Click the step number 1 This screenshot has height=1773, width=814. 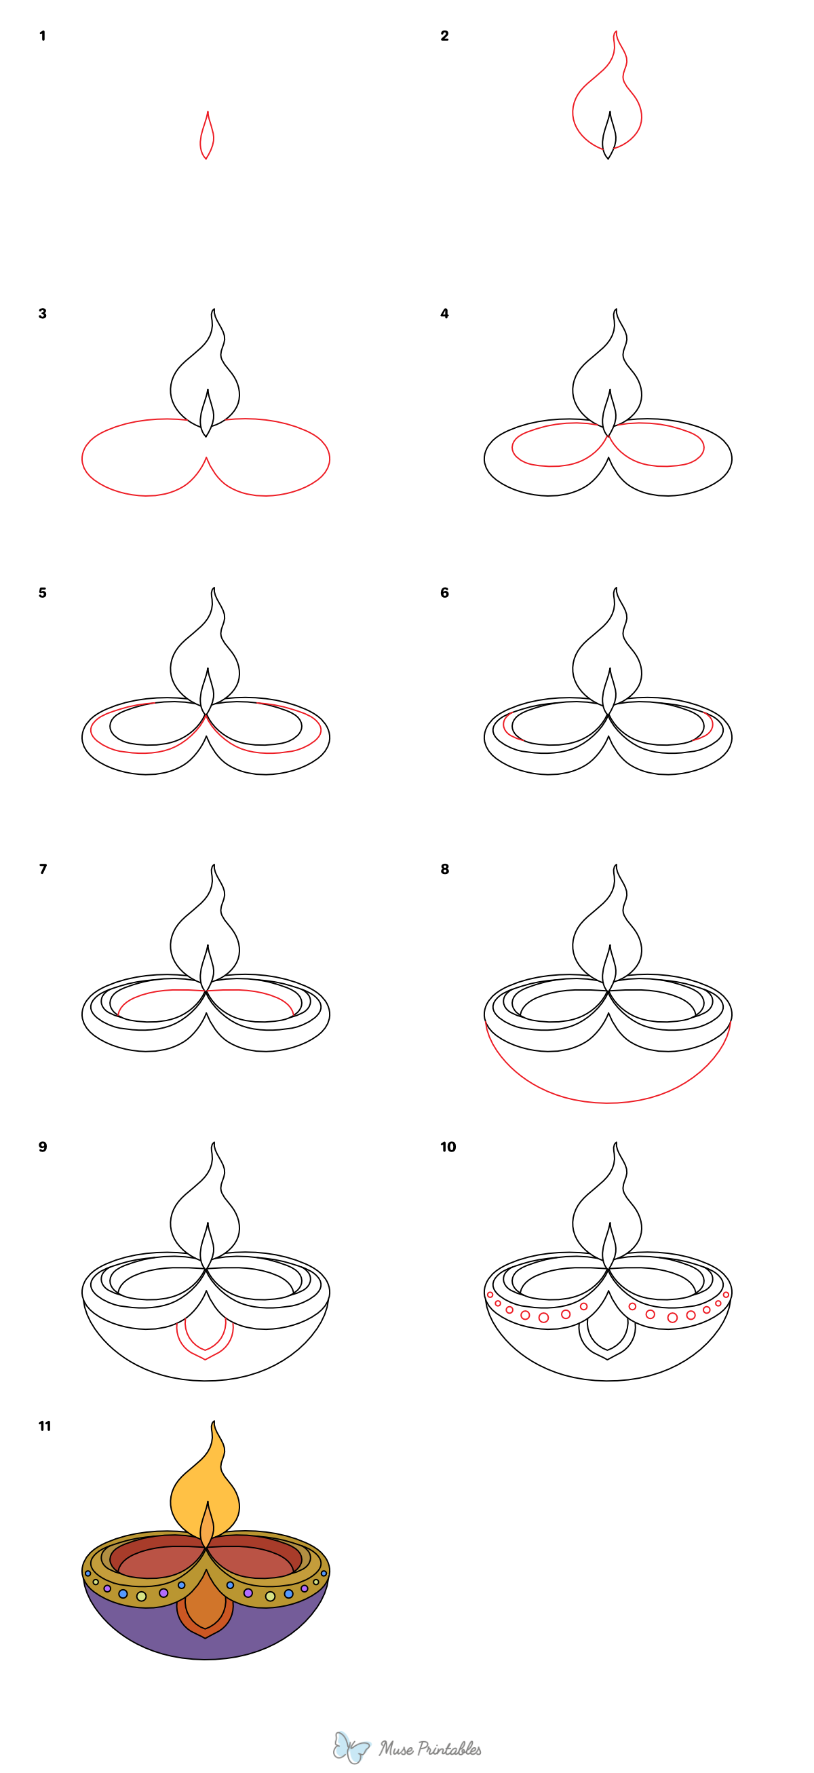coord(43,36)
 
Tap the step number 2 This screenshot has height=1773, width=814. coord(444,36)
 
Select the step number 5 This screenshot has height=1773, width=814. coord(43,592)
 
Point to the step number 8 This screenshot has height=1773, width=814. coord(444,869)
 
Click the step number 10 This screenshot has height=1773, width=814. coord(448,1147)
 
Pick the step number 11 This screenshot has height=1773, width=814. coord(45,1426)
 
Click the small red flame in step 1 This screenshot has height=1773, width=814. coord(206,136)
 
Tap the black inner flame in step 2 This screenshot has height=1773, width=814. coord(609,136)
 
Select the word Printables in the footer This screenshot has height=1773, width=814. coord(450,1748)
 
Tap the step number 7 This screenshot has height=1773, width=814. coord(43,869)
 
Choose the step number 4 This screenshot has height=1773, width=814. coord(444,314)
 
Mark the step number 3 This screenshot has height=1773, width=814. coord(43,314)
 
